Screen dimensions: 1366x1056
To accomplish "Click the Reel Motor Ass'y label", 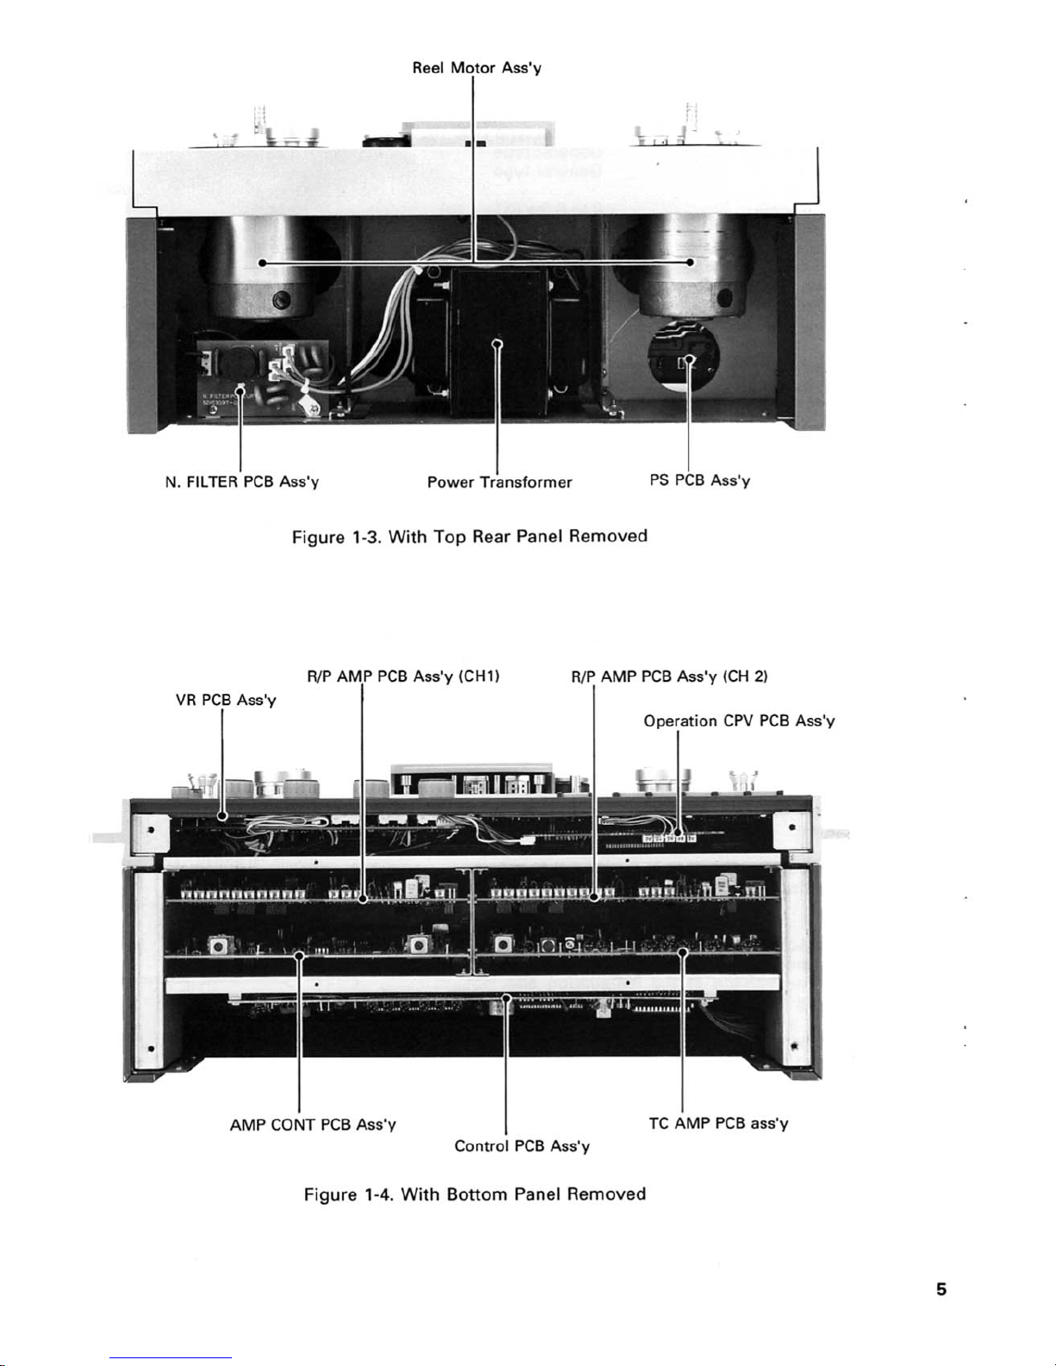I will click(x=477, y=67).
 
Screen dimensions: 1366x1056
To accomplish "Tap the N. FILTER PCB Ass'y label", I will click(x=242, y=482).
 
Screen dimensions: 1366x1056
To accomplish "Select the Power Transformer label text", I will click(x=499, y=482).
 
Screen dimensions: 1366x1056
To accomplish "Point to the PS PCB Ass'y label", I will click(x=699, y=480).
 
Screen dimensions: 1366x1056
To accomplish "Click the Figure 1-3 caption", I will click(x=470, y=536).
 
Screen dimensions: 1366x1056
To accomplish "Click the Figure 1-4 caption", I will click(x=475, y=1194).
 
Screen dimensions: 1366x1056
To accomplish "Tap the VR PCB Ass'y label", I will click(x=226, y=700).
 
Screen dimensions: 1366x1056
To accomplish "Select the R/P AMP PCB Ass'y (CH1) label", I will click(x=403, y=677).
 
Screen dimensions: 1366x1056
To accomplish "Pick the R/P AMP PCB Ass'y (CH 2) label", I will click(x=669, y=677).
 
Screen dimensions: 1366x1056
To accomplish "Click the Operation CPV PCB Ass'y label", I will click(x=739, y=720).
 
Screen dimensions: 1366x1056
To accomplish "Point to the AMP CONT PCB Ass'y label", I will click(x=313, y=1125).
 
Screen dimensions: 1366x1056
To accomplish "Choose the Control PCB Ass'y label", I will click(x=522, y=1145).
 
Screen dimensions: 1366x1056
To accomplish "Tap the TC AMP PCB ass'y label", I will click(x=718, y=1123).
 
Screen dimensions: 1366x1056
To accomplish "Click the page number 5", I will click(x=941, y=1289).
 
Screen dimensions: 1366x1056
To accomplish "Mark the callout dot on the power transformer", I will click(x=497, y=343).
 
